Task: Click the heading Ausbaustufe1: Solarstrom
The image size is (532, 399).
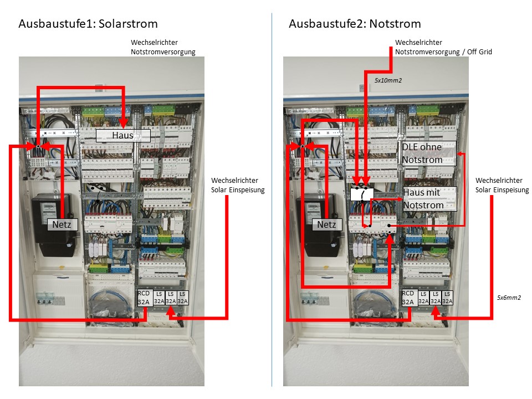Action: (88, 24)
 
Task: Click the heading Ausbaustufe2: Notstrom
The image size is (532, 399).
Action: (355, 24)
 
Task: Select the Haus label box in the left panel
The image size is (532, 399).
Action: (123, 135)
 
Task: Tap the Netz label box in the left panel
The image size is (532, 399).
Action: (63, 224)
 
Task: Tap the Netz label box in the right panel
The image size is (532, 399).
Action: (327, 224)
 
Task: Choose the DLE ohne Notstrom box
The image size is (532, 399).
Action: (429, 154)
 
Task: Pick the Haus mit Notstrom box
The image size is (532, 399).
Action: (429, 199)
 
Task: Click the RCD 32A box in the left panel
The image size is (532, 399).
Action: (145, 298)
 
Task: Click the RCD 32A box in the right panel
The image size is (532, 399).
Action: (409, 298)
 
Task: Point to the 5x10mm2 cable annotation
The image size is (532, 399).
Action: (388, 80)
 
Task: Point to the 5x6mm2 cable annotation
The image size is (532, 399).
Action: (509, 298)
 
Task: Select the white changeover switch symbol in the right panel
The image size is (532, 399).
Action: (362, 195)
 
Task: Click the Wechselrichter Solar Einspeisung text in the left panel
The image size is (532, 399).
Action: (238, 185)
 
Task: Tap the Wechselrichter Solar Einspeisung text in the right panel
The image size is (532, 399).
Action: (502, 185)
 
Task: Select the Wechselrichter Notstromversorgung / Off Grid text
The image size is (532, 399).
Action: (443, 47)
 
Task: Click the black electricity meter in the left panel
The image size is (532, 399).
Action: (53, 224)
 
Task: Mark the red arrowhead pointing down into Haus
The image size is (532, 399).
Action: (124, 124)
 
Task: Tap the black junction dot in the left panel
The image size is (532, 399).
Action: (38, 146)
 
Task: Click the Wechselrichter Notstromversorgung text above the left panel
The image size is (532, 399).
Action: (163, 47)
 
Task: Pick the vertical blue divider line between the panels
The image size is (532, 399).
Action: (272, 199)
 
